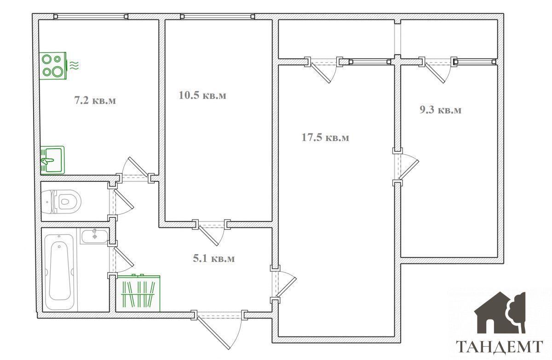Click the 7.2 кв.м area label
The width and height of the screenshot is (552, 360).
click(x=95, y=101)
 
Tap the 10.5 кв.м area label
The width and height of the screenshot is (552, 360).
click(x=202, y=95)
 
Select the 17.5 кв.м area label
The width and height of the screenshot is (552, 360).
click(x=325, y=137)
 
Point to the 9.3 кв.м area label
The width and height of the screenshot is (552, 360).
click(x=440, y=110)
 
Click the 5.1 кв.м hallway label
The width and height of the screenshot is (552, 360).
click(x=213, y=258)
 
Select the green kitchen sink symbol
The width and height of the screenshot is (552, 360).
click(x=52, y=160)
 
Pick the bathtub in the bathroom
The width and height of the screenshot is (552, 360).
click(x=59, y=272)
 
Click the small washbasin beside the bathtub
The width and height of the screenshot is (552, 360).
click(x=95, y=236)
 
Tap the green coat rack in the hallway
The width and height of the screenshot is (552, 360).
click(x=139, y=293)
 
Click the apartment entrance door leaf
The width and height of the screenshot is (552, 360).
click(x=213, y=333)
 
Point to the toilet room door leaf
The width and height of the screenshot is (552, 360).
click(x=124, y=199)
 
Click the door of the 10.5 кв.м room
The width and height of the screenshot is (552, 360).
click(x=208, y=236)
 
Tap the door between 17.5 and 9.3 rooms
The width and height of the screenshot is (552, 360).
click(x=409, y=170)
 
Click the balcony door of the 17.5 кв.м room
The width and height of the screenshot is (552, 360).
click(x=320, y=73)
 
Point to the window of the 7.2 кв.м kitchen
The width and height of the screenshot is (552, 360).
click(x=91, y=17)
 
